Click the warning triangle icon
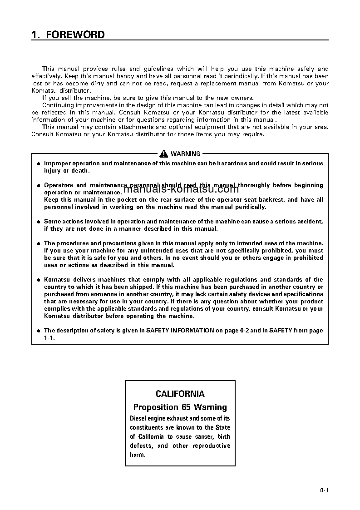pyautogui.click(x=164, y=154)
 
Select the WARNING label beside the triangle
pyautogui.click(x=186, y=154)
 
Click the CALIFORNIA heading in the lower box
pyautogui.click(x=180, y=394)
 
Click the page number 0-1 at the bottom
pyautogui.click(x=324, y=490)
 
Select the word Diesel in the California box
pyautogui.click(x=139, y=418)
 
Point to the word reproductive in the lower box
pyautogui.click(x=211, y=446)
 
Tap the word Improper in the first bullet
pyautogui.click(x=57, y=163)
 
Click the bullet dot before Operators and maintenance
pyautogui.click(x=39, y=186)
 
